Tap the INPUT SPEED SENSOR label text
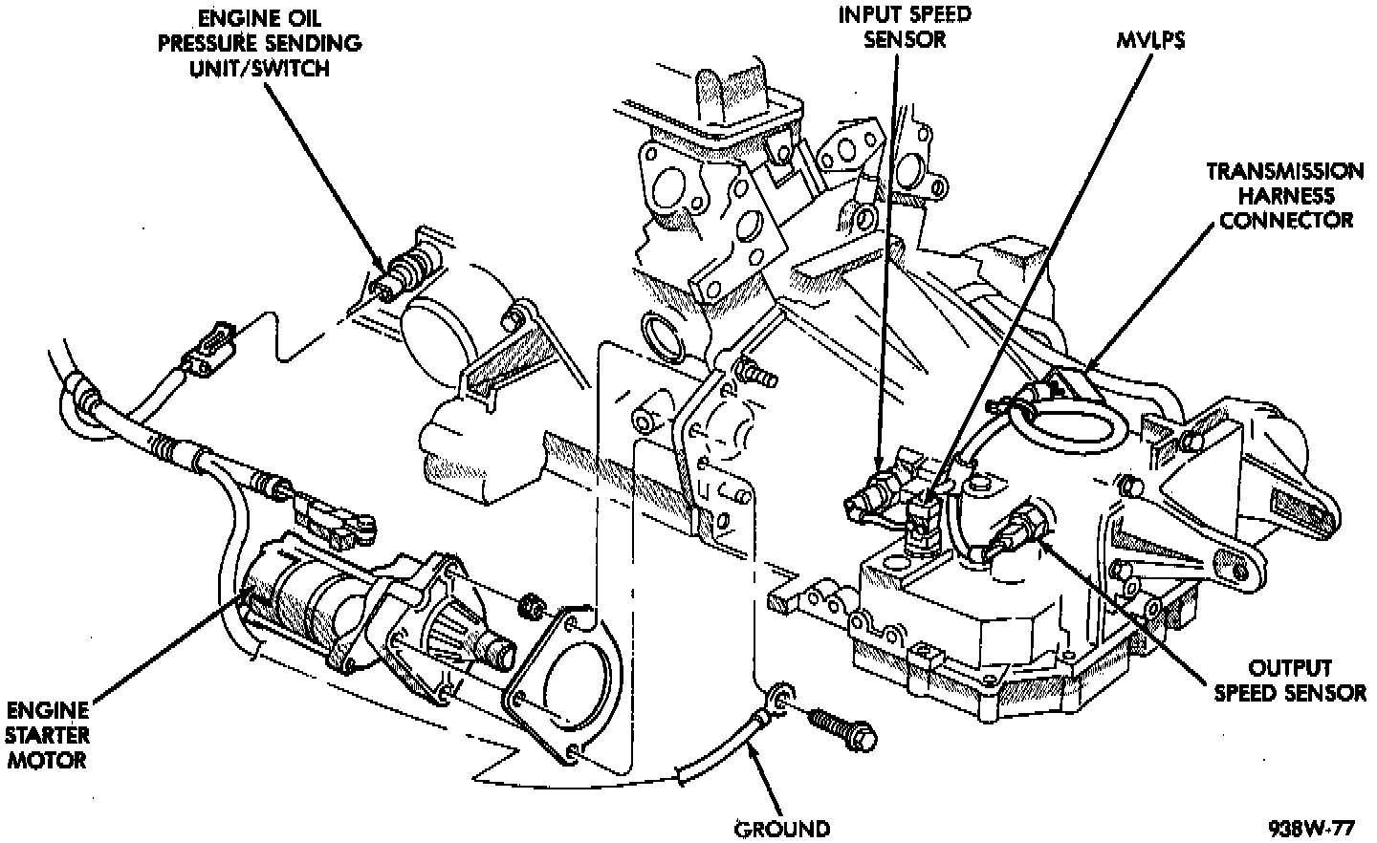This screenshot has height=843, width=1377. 891,27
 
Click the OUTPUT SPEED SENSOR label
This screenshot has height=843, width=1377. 1289,680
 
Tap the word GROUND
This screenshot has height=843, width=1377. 781,828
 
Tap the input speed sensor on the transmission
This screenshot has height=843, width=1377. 875,492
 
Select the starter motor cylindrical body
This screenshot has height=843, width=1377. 296,597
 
